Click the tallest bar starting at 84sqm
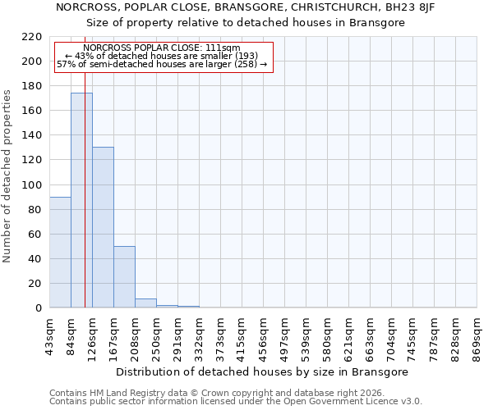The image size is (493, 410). (81, 201)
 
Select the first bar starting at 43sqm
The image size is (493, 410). (60, 253)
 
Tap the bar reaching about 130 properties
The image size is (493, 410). (103, 228)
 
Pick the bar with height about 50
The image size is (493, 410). (124, 277)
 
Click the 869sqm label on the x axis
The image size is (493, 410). (477, 339)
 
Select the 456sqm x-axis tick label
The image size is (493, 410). (263, 339)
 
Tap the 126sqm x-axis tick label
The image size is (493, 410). (92, 339)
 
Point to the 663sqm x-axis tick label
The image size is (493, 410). (370, 339)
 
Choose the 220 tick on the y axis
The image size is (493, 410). (33, 37)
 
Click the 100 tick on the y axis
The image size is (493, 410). (33, 185)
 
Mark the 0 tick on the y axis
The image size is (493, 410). (39, 308)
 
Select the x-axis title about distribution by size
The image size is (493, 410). (263, 371)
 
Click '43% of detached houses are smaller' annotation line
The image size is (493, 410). (161, 56)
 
